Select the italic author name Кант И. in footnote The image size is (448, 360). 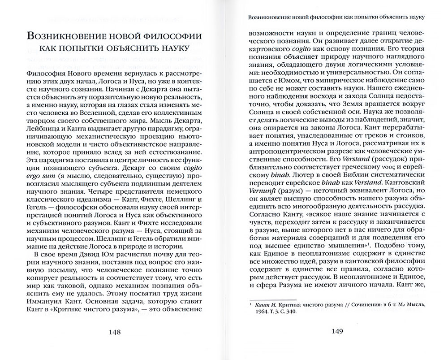(261, 304)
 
